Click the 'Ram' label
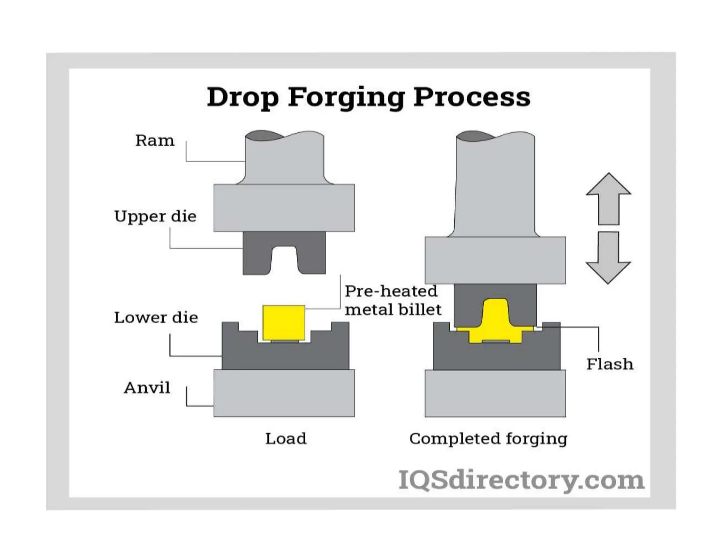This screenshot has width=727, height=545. click(155, 141)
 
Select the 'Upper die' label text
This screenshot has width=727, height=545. click(155, 216)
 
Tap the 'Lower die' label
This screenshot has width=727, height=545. click(156, 317)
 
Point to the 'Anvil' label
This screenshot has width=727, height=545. click(147, 387)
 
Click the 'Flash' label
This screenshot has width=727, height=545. click(610, 364)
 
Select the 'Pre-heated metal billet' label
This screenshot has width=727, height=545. click(393, 300)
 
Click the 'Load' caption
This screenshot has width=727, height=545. click(286, 439)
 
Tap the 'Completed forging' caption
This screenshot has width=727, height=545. click(488, 439)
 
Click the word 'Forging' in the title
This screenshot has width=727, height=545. click(346, 97)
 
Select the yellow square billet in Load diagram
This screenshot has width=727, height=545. click(284, 322)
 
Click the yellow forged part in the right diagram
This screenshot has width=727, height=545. click(495, 323)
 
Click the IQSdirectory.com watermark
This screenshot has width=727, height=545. click(521, 480)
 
